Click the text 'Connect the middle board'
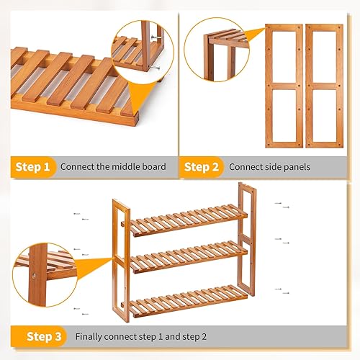coord(113,167)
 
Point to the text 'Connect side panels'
coord(269,167)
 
